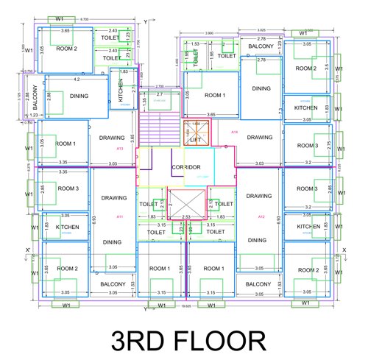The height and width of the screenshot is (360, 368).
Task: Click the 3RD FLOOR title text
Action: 188,341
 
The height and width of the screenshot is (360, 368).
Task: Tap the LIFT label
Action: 195,138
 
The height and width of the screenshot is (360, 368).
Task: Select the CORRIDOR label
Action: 186,168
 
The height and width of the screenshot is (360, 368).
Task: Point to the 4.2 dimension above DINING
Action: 77,79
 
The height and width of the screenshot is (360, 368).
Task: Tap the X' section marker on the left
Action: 27,250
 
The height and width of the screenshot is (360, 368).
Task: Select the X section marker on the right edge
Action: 344,250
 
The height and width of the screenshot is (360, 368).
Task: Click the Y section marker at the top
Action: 146,21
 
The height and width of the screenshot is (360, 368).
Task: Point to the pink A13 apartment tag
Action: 119,148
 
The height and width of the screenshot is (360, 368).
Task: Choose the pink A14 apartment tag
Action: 234,132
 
